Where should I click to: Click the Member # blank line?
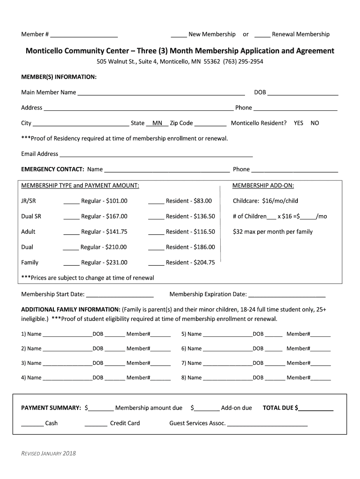(x=84, y=35)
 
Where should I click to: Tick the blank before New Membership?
(x=179, y=35)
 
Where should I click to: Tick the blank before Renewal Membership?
(x=262, y=35)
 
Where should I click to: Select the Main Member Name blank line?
(x=161, y=93)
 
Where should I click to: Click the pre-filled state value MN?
(x=157, y=123)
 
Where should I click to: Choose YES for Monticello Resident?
(x=298, y=123)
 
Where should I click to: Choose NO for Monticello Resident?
(x=315, y=123)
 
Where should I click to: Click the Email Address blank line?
(x=156, y=155)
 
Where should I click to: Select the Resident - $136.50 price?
(x=190, y=217)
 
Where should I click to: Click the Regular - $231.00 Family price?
(x=104, y=263)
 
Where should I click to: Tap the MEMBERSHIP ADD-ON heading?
(x=263, y=186)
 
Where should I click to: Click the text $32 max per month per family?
(x=273, y=232)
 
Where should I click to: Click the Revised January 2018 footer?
(x=49, y=453)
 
